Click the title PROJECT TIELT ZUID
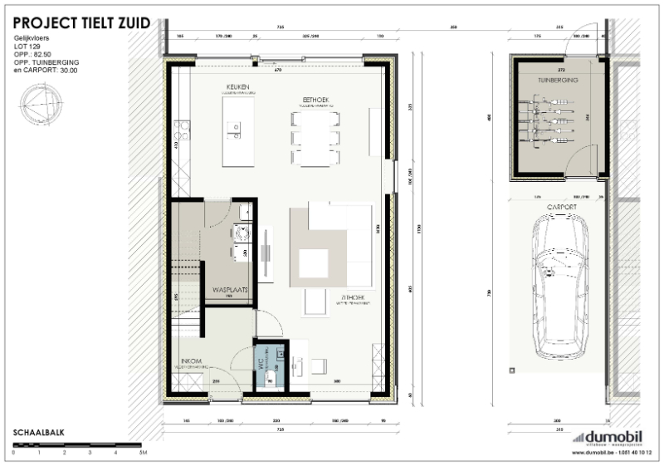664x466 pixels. [x=81, y=23]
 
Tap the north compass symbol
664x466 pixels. [x=43, y=105]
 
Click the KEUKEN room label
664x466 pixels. [x=238, y=87]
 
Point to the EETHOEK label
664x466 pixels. [x=315, y=100]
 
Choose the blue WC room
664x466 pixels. [x=269, y=365]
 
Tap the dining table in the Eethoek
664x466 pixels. [x=315, y=137]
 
